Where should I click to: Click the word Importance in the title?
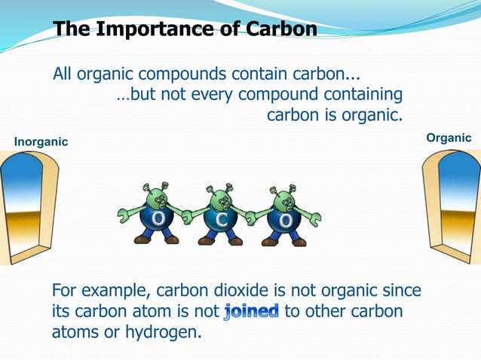(160, 29)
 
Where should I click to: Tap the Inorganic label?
(41, 142)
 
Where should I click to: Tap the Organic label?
(449, 138)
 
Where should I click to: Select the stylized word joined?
(252, 311)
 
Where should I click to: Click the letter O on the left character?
(159, 219)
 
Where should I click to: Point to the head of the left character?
(158, 198)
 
